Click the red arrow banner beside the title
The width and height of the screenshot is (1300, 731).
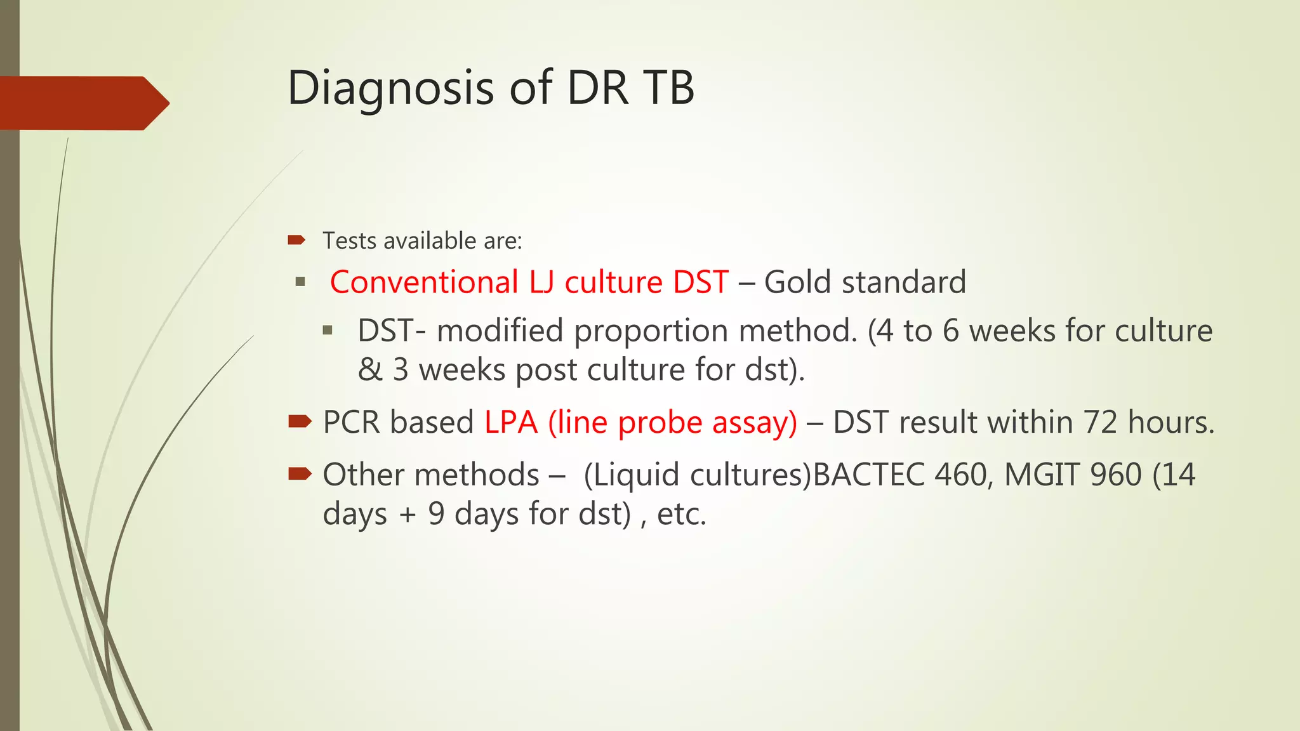(83, 103)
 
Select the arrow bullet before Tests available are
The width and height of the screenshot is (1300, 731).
(296, 240)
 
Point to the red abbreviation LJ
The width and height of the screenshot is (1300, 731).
(541, 282)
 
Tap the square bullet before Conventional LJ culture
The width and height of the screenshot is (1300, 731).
(301, 282)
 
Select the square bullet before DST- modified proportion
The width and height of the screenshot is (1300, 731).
(328, 330)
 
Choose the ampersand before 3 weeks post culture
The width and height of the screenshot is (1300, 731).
(369, 370)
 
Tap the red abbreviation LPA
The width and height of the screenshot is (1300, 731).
(511, 423)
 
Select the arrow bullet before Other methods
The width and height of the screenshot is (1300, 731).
(300, 473)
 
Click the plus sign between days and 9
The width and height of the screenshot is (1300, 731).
(408, 515)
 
